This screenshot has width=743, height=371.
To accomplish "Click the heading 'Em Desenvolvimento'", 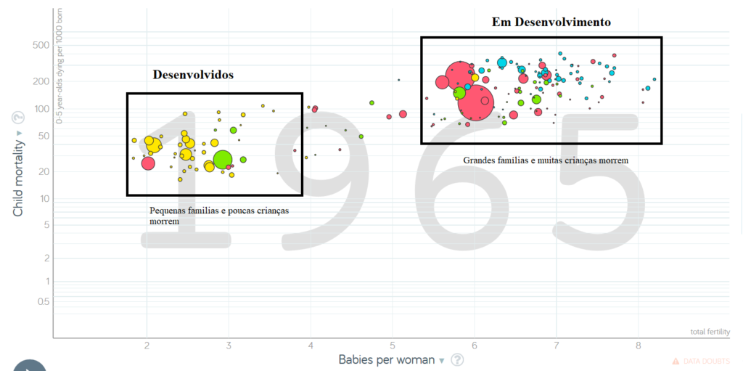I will (551, 23).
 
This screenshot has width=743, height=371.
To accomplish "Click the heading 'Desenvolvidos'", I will (193, 75).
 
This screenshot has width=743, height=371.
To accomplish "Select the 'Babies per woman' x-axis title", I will (386, 359).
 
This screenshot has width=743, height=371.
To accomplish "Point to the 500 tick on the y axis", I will (39, 45).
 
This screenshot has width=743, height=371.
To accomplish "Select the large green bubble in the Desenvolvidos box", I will (223, 160).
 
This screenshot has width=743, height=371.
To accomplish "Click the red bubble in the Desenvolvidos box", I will (148, 163).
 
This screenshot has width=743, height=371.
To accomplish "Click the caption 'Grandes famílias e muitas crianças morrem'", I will (546, 160).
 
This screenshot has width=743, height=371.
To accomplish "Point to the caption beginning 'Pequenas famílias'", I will (218, 215).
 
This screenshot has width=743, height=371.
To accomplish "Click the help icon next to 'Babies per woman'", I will (458, 360).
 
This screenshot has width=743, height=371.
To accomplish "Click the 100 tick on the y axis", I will (39, 109).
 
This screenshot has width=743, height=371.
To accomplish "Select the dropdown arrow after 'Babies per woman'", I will (442, 361).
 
